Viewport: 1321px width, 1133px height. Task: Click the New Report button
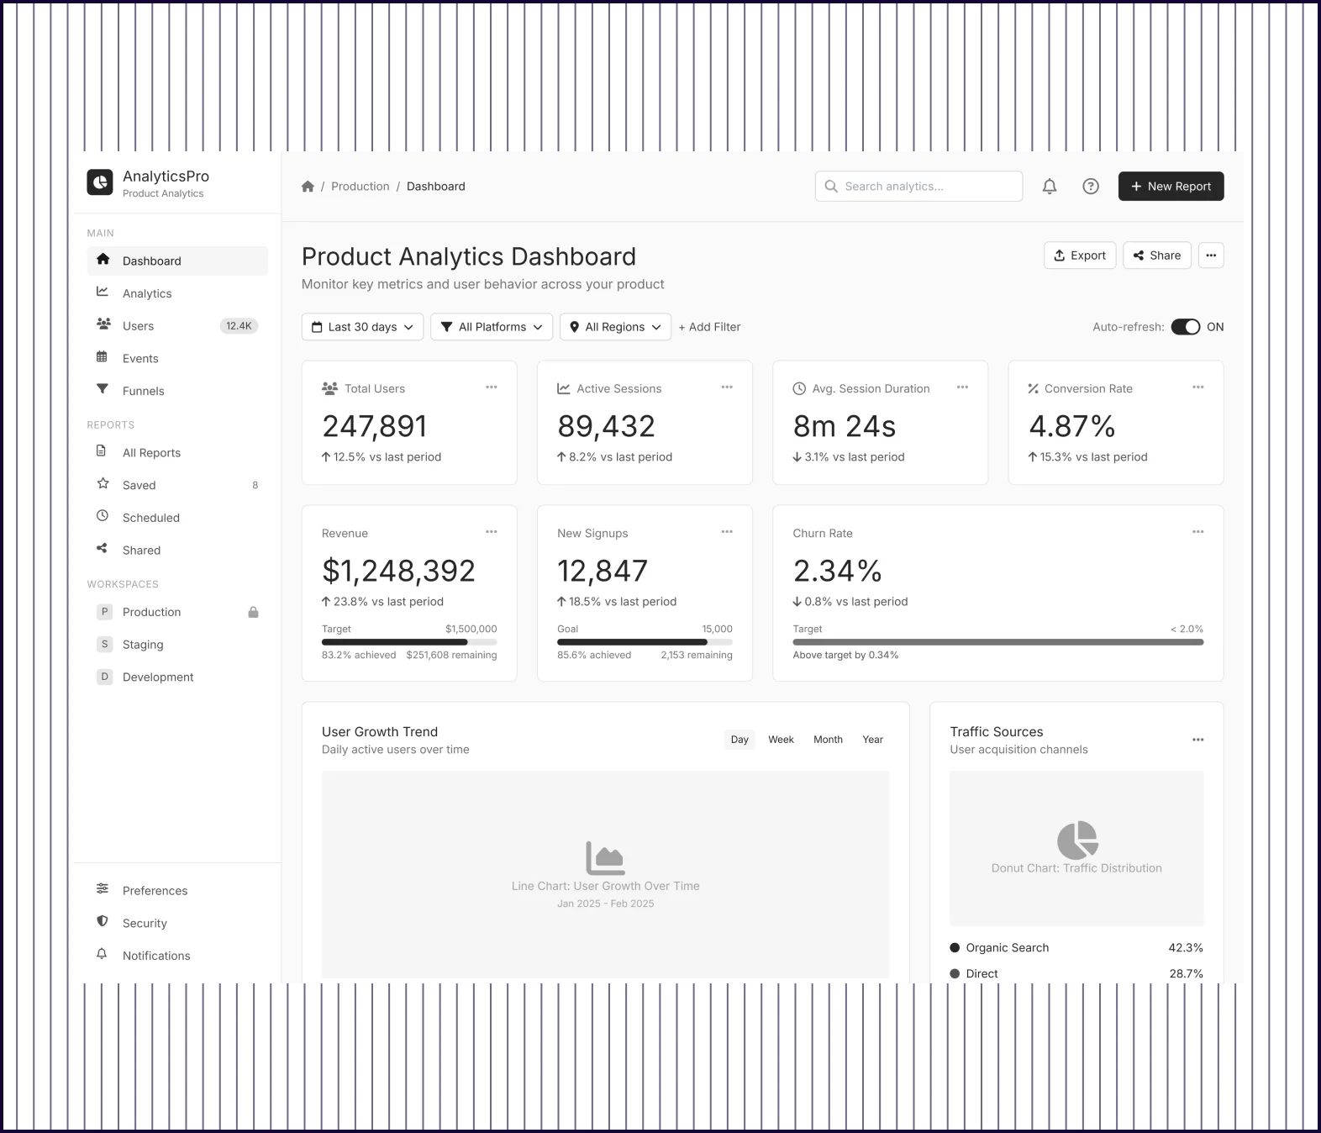click(1171, 187)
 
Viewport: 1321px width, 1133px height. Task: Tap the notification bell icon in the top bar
click(1050, 187)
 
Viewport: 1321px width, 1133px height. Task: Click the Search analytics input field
click(918, 187)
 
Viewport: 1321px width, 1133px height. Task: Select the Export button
click(1080, 256)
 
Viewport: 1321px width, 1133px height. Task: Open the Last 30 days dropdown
click(362, 327)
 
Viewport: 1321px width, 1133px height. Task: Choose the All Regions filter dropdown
click(615, 327)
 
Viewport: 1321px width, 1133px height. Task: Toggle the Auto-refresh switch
click(1185, 327)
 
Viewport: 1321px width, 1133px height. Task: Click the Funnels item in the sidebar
click(144, 391)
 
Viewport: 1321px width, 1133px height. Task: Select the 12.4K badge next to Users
click(239, 326)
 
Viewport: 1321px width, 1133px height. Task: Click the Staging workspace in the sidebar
click(143, 645)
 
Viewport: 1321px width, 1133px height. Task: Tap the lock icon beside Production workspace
click(253, 612)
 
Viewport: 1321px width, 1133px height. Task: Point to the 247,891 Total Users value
click(375, 426)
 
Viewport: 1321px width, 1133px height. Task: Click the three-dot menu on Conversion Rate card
click(1197, 387)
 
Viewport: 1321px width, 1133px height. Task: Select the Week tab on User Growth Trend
click(781, 740)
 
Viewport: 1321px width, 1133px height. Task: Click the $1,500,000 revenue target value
click(471, 629)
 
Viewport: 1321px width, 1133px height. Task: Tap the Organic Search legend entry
click(1007, 947)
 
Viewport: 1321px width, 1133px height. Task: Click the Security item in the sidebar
click(145, 923)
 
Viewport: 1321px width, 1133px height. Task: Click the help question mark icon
click(1091, 187)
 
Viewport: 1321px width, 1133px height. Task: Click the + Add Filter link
click(709, 327)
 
